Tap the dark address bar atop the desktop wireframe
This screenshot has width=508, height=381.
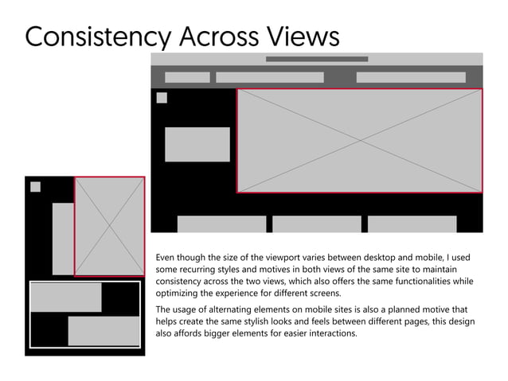click(x=317, y=59)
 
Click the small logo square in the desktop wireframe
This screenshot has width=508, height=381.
click(x=162, y=98)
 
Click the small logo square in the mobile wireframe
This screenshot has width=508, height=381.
click(x=35, y=187)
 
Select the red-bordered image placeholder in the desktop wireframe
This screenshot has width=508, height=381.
click(x=360, y=140)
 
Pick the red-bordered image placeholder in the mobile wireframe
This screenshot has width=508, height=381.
click(x=110, y=226)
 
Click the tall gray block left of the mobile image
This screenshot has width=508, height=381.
click(x=63, y=239)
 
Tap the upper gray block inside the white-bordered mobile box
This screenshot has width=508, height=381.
click(x=66, y=297)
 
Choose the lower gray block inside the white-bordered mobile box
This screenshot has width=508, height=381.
click(x=104, y=331)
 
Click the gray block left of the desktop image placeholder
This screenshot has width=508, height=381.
click(x=197, y=144)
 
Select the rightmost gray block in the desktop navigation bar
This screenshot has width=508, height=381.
click(x=411, y=77)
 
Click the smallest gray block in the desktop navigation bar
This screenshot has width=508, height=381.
click(x=187, y=77)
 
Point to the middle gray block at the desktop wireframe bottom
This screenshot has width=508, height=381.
click(x=317, y=224)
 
